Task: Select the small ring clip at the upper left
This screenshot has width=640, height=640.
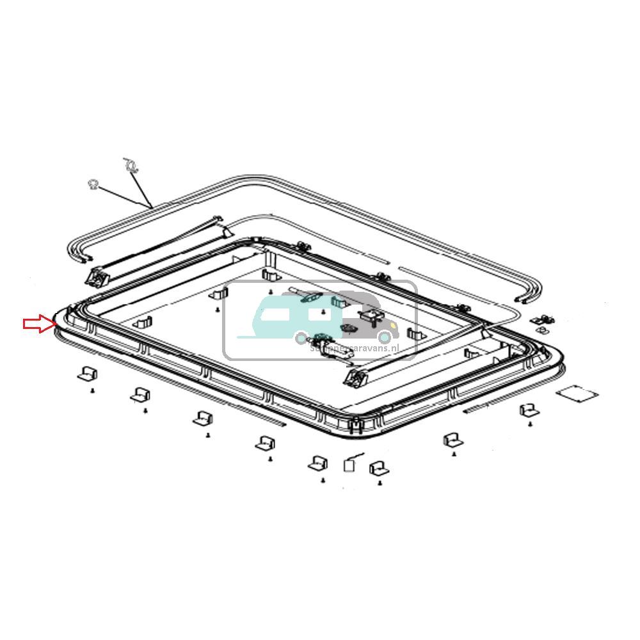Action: [x=93, y=184]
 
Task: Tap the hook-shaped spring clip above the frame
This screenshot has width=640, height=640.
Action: [x=131, y=166]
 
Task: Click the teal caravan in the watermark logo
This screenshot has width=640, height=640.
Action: [x=288, y=314]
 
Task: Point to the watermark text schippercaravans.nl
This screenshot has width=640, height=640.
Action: [x=353, y=348]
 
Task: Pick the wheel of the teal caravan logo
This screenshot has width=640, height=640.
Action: [x=301, y=337]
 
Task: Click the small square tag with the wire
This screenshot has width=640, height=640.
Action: [x=350, y=465]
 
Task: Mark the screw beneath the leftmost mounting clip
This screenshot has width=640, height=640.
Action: [x=93, y=390]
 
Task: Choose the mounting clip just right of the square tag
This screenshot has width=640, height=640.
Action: [x=379, y=469]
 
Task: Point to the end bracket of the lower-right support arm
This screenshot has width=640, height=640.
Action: [x=354, y=380]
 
